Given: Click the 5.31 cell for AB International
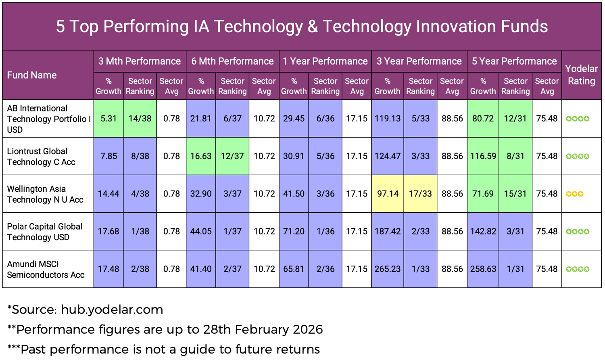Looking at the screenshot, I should click(108, 119).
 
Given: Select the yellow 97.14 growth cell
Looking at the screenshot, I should click(388, 194).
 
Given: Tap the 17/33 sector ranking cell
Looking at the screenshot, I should click(420, 194).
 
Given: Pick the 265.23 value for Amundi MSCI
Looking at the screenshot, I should click(388, 269).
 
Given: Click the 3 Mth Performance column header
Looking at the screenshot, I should click(140, 61).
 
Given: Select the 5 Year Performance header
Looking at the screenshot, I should click(514, 61).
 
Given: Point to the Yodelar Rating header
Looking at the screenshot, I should click(581, 75).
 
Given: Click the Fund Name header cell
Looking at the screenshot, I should click(32, 75).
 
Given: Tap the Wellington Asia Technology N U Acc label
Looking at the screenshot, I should click(45, 194).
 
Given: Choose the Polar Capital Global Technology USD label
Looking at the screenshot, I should click(45, 232).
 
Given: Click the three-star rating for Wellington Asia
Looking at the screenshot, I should click(575, 194).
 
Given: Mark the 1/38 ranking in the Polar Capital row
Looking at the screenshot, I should click(140, 232).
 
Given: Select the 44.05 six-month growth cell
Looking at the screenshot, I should click(201, 232).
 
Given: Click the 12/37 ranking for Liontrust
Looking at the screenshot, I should click(232, 156).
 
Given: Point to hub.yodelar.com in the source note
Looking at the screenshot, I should click(112, 310).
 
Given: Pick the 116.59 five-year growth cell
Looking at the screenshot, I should click(483, 156).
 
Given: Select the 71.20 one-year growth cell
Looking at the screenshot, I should click(294, 232).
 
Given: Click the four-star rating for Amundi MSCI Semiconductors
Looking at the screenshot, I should click(578, 269).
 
